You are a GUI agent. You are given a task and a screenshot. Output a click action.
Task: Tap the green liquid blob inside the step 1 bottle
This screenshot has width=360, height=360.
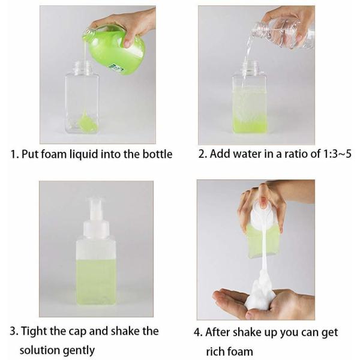click(x=88, y=123)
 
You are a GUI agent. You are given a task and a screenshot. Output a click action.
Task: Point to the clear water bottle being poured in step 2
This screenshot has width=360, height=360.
click(x=282, y=32)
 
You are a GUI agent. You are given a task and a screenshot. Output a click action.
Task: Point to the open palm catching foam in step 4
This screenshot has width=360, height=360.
click(x=240, y=303)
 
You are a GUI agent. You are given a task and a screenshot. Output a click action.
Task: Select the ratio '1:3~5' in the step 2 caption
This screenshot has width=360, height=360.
click(x=329, y=154)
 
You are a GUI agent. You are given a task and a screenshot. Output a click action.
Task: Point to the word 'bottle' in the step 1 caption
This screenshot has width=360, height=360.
click(x=157, y=154)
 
